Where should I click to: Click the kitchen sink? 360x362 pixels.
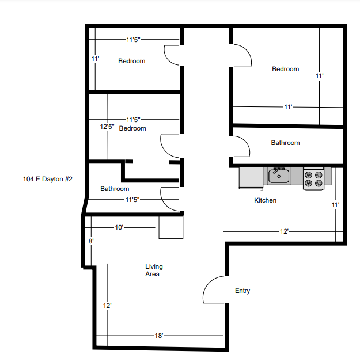[x=278, y=175]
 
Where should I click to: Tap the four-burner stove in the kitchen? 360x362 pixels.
[x=314, y=178]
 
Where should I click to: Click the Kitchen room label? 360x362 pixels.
[x=266, y=200]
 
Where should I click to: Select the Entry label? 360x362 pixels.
[x=242, y=291]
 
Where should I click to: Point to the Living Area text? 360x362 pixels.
[x=153, y=270]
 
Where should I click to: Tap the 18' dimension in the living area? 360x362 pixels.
[x=159, y=336]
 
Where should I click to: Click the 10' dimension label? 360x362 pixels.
[x=119, y=227]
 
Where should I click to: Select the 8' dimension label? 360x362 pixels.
[x=90, y=242]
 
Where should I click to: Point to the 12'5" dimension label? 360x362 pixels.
[x=107, y=126]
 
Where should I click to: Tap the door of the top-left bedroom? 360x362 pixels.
[x=173, y=55]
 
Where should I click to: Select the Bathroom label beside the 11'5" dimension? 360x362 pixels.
[x=115, y=189]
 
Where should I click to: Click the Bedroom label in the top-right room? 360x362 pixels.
[x=285, y=69]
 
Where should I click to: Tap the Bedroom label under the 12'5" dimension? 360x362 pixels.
[x=132, y=128]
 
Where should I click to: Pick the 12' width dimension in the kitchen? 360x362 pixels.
[x=284, y=231]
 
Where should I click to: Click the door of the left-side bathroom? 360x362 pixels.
[x=170, y=199]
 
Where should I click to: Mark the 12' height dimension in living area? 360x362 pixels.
[x=107, y=306]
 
